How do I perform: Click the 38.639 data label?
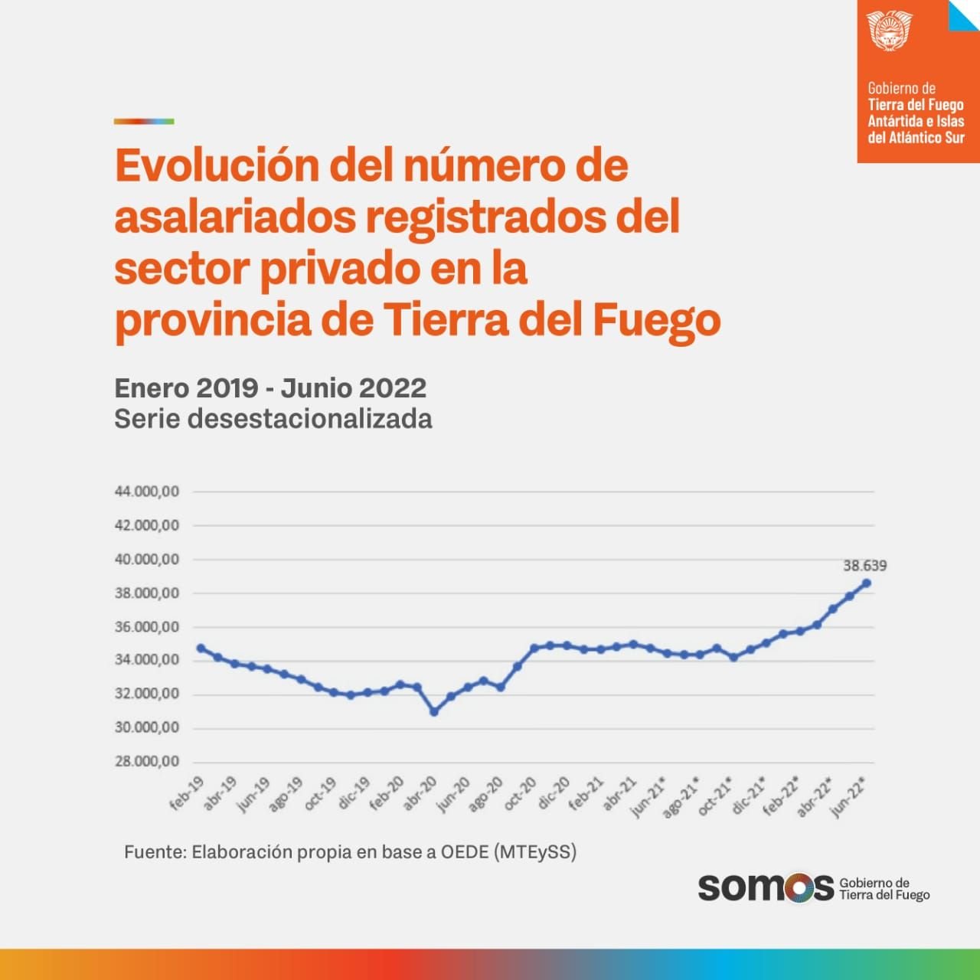click(864, 566)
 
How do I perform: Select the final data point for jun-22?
click(867, 583)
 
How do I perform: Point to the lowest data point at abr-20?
click(434, 712)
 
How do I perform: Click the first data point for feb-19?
click(201, 648)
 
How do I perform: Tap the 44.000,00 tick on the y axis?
click(147, 492)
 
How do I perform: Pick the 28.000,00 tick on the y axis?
click(147, 762)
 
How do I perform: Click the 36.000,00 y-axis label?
click(147, 627)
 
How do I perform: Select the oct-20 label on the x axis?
click(521, 793)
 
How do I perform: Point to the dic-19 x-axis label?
click(354, 793)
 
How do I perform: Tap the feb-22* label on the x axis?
click(782, 795)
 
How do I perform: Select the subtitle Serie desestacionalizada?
click(273, 420)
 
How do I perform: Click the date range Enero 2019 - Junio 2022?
click(270, 388)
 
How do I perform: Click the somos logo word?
click(765, 888)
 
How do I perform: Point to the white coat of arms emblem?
click(889, 31)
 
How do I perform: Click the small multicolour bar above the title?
click(144, 121)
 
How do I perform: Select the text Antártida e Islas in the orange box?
click(916, 121)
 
